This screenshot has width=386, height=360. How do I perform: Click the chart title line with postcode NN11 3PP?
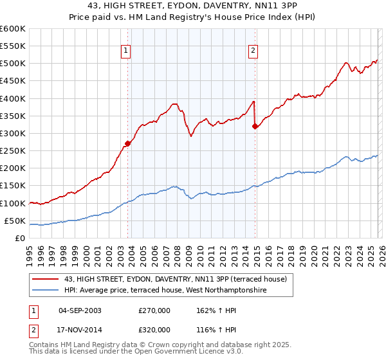(192, 6)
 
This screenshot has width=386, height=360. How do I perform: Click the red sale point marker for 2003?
(128, 144)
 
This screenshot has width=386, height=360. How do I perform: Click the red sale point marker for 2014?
(255, 127)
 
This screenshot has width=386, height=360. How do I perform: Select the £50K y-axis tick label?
(15, 221)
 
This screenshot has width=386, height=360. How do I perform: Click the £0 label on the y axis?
(21, 238)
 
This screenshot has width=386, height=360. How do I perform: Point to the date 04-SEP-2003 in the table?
(80, 310)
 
